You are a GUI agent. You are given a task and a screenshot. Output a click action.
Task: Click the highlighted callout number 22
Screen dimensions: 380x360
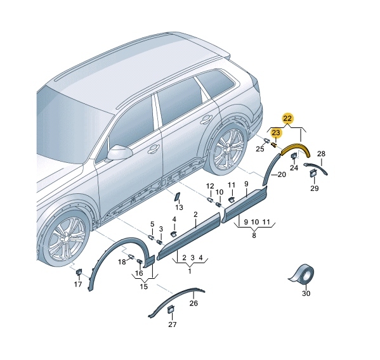pyautogui.click(x=287, y=119)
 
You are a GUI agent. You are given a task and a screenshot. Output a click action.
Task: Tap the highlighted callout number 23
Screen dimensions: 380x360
pyautogui.click(x=276, y=132)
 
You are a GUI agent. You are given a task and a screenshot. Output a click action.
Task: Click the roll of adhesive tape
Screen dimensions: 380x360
pyautogui.click(x=302, y=274)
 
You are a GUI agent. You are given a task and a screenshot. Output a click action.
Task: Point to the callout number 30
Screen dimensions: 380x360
pyautogui.click(x=306, y=293)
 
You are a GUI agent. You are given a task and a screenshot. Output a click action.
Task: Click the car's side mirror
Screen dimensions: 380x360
pyautogui.click(x=119, y=153)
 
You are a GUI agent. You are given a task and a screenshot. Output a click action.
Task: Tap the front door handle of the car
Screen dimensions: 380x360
pyautogui.click(x=153, y=149)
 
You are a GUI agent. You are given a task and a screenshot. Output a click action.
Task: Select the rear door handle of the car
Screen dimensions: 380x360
pyautogui.click(x=206, y=119)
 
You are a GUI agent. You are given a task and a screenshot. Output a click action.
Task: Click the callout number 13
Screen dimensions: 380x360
pyautogui.click(x=180, y=207)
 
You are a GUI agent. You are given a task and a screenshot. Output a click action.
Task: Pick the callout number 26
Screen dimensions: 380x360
pyautogui.click(x=193, y=303)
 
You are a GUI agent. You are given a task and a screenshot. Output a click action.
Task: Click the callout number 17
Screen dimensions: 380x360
pyautogui.click(x=78, y=284)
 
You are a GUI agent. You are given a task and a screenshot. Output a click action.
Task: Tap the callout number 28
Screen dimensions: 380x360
pyautogui.click(x=321, y=153)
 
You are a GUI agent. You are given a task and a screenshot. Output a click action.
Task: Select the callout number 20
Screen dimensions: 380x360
pyautogui.click(x=282, y=174)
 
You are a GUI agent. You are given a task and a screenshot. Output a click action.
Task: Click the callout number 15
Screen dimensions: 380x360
pyautogui.click(x=144, y=286)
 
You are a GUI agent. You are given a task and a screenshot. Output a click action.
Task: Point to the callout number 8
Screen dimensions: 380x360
pyautogui.click(x=254, y=235)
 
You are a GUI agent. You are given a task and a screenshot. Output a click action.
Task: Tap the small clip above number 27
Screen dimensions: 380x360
pyautogui.click(x=171, y=309)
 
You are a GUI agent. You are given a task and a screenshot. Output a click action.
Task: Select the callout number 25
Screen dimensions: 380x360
pyautogui.click(x=260, y=149)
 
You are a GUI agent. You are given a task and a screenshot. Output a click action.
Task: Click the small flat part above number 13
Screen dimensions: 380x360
pyautogui.click(x=177, y=196)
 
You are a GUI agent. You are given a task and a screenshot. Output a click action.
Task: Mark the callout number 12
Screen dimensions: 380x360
pyautogui.click(x=210, y=186)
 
